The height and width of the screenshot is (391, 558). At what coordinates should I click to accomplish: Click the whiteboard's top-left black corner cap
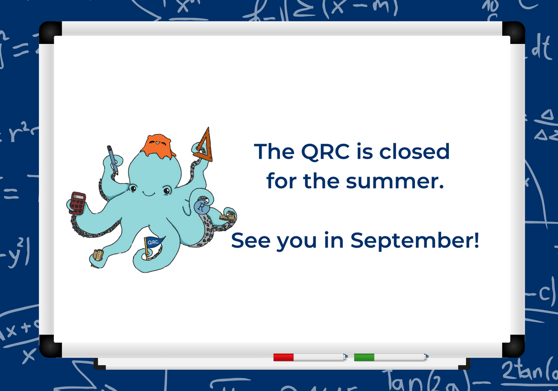coord(50,31)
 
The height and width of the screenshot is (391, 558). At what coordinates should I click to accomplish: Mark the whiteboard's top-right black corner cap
coord(514,31)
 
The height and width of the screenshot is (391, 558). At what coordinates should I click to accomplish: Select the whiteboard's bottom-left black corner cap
coord(50,346)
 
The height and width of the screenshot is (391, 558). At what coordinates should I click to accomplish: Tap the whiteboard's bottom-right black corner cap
coord(514,346)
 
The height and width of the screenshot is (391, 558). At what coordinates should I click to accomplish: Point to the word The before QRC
coord(274,152)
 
